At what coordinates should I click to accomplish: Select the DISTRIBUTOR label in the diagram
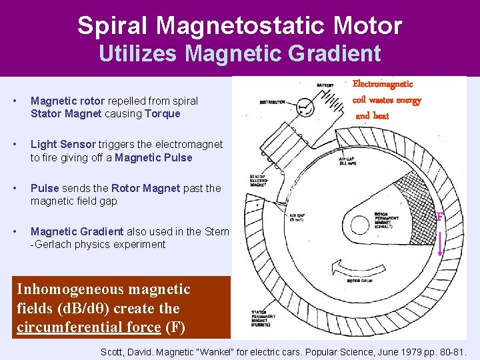pyautogui.click(x=273, y=103)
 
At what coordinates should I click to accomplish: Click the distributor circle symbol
pyautogui.click(x=303, y=105)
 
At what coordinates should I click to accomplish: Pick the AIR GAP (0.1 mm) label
pyautogui.click(x=347, y=162)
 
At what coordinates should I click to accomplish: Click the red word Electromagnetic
pyautogui.click(x=383, y=84)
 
